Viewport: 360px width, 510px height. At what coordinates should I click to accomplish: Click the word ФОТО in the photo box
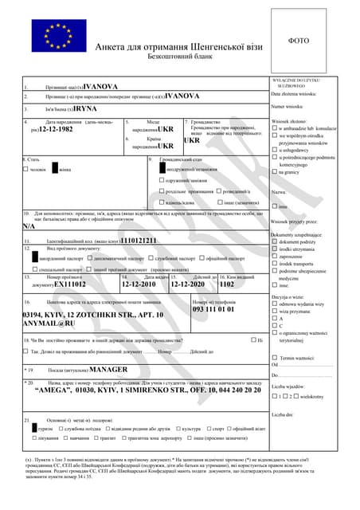click(x=299, y=40)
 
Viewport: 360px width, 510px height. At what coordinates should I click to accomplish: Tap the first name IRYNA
click(x=85, y=108)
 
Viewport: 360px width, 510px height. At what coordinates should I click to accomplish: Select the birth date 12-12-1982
click(x=55, y=129)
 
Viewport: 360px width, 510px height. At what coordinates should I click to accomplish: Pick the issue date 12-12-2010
click(x=139, y=284)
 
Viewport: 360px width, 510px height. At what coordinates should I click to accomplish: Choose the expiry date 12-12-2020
click(x=186, y=284)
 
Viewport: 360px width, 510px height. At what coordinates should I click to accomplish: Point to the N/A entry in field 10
click(x=29, y=226)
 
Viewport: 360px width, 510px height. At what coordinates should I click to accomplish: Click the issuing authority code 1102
click(x=227, y=284)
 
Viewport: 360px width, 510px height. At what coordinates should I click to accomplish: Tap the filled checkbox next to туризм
click(x=30, y=428)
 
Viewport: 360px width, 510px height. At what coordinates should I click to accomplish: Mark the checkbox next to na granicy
click(x=275, y=172)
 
